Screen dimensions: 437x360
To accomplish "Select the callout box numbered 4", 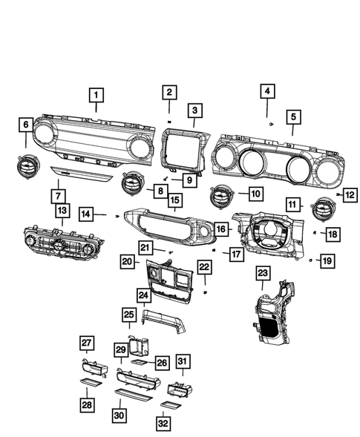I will point(266,92).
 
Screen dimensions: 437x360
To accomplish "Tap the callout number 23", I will point(262,275).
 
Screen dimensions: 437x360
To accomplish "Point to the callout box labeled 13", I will point(62,211).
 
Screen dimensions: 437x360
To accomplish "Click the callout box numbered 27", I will point(87,342).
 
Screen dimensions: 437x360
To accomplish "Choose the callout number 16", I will point(221,230).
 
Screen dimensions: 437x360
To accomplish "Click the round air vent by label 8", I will point(134,180).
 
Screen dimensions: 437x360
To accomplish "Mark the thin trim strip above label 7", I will point(82,174).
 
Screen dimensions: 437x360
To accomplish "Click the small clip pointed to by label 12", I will point(338,194).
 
